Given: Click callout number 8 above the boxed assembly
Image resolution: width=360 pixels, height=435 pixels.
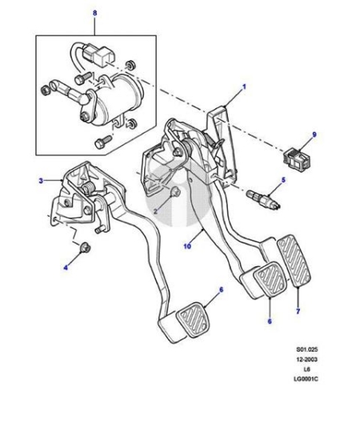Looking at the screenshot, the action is [95, 13].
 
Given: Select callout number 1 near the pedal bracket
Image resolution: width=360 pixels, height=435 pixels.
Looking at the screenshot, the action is [244, 87].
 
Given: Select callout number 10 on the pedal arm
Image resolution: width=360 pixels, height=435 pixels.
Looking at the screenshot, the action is [187, 245].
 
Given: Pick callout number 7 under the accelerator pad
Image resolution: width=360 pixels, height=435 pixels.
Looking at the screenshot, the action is [298, 311].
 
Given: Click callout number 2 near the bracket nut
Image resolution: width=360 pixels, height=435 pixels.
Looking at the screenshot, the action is [155, 211].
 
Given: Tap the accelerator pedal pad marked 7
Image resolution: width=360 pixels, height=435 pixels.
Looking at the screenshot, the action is [294, 261].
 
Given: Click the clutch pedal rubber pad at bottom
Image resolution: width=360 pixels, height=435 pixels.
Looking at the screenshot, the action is [193, 320].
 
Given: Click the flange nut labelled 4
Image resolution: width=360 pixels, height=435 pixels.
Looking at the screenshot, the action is [84, 247].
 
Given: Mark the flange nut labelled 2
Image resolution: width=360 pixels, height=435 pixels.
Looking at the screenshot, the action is [175, 192].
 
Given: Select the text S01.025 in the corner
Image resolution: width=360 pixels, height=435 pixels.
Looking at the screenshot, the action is [306, 349].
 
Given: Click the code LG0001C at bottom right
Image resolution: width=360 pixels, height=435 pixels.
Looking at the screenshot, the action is [306, 379].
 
